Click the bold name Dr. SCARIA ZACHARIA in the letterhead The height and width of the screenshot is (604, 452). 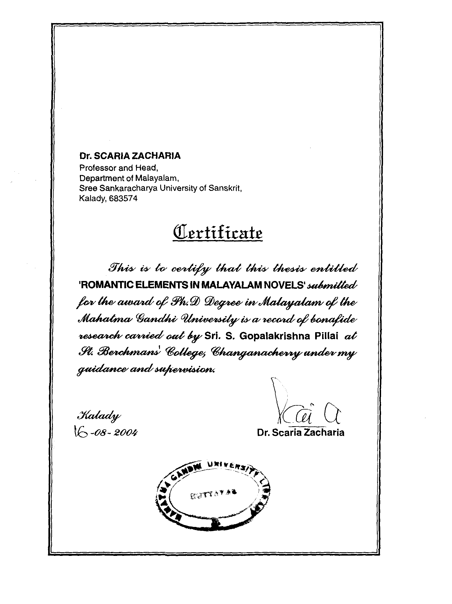coord(130,156)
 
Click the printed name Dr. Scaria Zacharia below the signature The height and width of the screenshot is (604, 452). coord(301,432)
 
